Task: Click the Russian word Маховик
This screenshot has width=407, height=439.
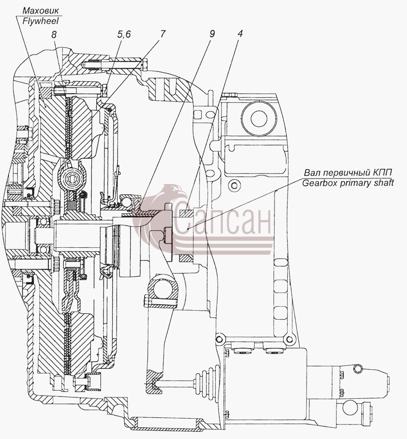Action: pos(41,11)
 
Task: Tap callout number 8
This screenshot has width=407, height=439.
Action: pos(54,34)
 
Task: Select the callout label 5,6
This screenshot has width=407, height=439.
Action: pos(124,34)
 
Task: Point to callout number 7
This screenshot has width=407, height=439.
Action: pos(162,34)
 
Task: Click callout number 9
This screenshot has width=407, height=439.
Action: pos(212,33)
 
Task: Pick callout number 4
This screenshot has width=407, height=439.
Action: pos(240,33)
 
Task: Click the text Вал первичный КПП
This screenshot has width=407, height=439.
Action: pos(348,172)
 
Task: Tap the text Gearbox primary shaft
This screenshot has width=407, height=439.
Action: pos(348,183)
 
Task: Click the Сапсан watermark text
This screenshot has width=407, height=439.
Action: pos(222,218)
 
